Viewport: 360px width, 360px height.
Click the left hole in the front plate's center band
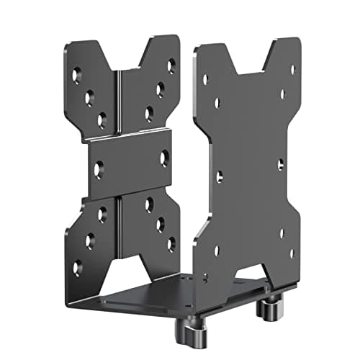click(x=99, y=169)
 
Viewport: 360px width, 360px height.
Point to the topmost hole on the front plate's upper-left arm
click(x=77, y=73)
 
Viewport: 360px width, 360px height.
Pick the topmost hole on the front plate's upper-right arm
click(x=171, y=66)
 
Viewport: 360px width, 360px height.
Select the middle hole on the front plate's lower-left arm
click(x=89, y=241)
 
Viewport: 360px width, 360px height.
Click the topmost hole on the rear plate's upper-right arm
click(x=292, y=70)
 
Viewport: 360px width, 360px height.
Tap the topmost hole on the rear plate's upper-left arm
click(x=205, y=79)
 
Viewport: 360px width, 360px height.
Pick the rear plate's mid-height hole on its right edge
click(x=280, y=164)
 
